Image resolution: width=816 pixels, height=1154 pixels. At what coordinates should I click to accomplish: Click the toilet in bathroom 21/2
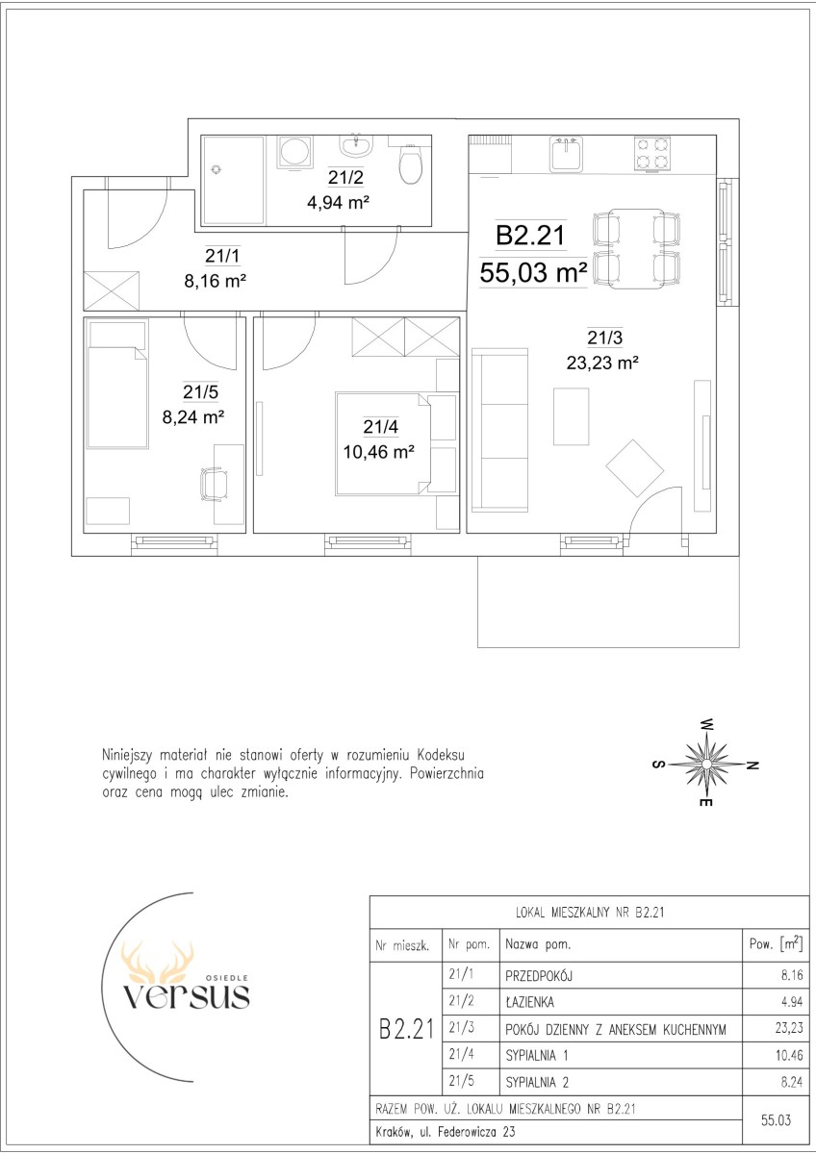pyautogui.click(x=411, y=163)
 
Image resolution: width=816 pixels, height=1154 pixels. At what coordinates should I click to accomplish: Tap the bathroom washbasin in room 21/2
pyautogui.click(x=355, y=146)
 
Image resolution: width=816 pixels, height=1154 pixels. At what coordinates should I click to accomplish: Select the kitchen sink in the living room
pyautogui.click(x=566, y=154)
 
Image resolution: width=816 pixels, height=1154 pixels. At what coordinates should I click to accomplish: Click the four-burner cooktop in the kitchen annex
pyautogui.click(x=652, y=153)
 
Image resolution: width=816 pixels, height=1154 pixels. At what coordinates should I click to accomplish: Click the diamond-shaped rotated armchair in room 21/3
pyautogui.click(x=634, y=467)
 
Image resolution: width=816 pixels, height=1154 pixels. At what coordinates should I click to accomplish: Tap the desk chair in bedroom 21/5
pyautogui.click(x=214, y=484)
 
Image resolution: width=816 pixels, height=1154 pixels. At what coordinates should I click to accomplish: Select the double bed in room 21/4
pyautogui.click(x=382, y=444)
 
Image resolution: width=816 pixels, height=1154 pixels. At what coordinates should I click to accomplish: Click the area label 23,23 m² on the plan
pyautogui.click(x=602, y=364)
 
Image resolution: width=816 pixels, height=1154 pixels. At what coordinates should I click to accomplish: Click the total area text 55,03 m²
pyautogui.click(x=533, y=272)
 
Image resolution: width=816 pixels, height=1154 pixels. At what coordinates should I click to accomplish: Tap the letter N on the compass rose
pyautogui.click(x=752, y=765)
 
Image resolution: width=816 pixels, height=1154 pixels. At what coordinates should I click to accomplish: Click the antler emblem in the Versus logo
pyautogui.click(x=157, y=962)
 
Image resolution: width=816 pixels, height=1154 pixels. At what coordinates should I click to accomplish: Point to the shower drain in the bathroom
pyautogui.click(x=217, y=169)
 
